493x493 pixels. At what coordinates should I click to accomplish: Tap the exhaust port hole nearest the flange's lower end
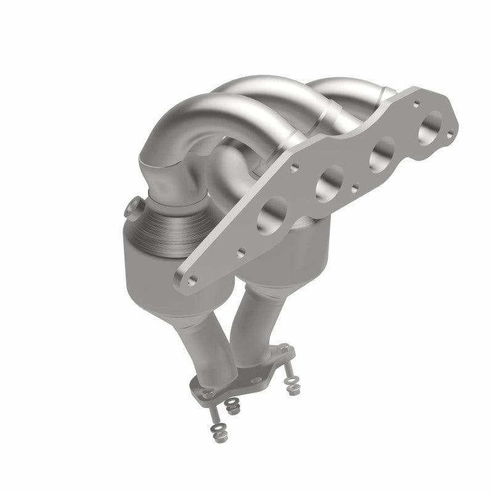272,213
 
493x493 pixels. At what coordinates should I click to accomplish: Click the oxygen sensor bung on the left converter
133,208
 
